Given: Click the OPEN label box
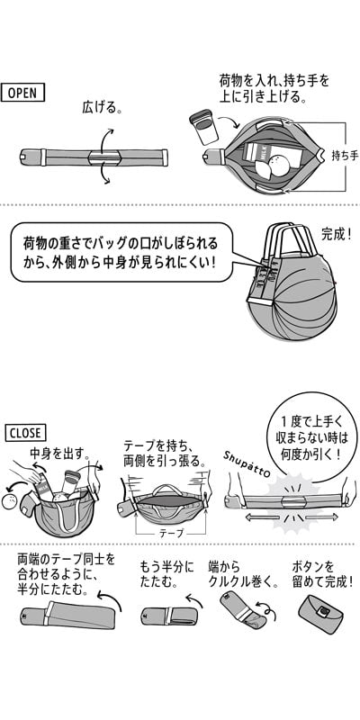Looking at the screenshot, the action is pyautogui.click(x=23, y=93).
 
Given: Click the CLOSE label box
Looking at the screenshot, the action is pyautogui.click(x=25, y=433).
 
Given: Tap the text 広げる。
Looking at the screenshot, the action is pyautogui.click(x=102, y=107).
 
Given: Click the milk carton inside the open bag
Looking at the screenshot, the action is pyautogui.click(x=260, y=154).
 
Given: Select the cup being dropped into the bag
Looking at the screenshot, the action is pyautogui.click(x=203, y=127).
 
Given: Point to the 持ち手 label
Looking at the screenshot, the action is pyautogui.click(x=345, y=156).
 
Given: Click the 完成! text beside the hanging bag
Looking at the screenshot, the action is pyautogui.click(x=336, y=234).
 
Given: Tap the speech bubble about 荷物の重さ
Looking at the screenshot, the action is pyautogui.click(x=122, y=252).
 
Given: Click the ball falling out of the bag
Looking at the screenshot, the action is pyautogui.click(x=9, y=503).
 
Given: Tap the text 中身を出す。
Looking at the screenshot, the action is pyautogui.click(x=59, y=454).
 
